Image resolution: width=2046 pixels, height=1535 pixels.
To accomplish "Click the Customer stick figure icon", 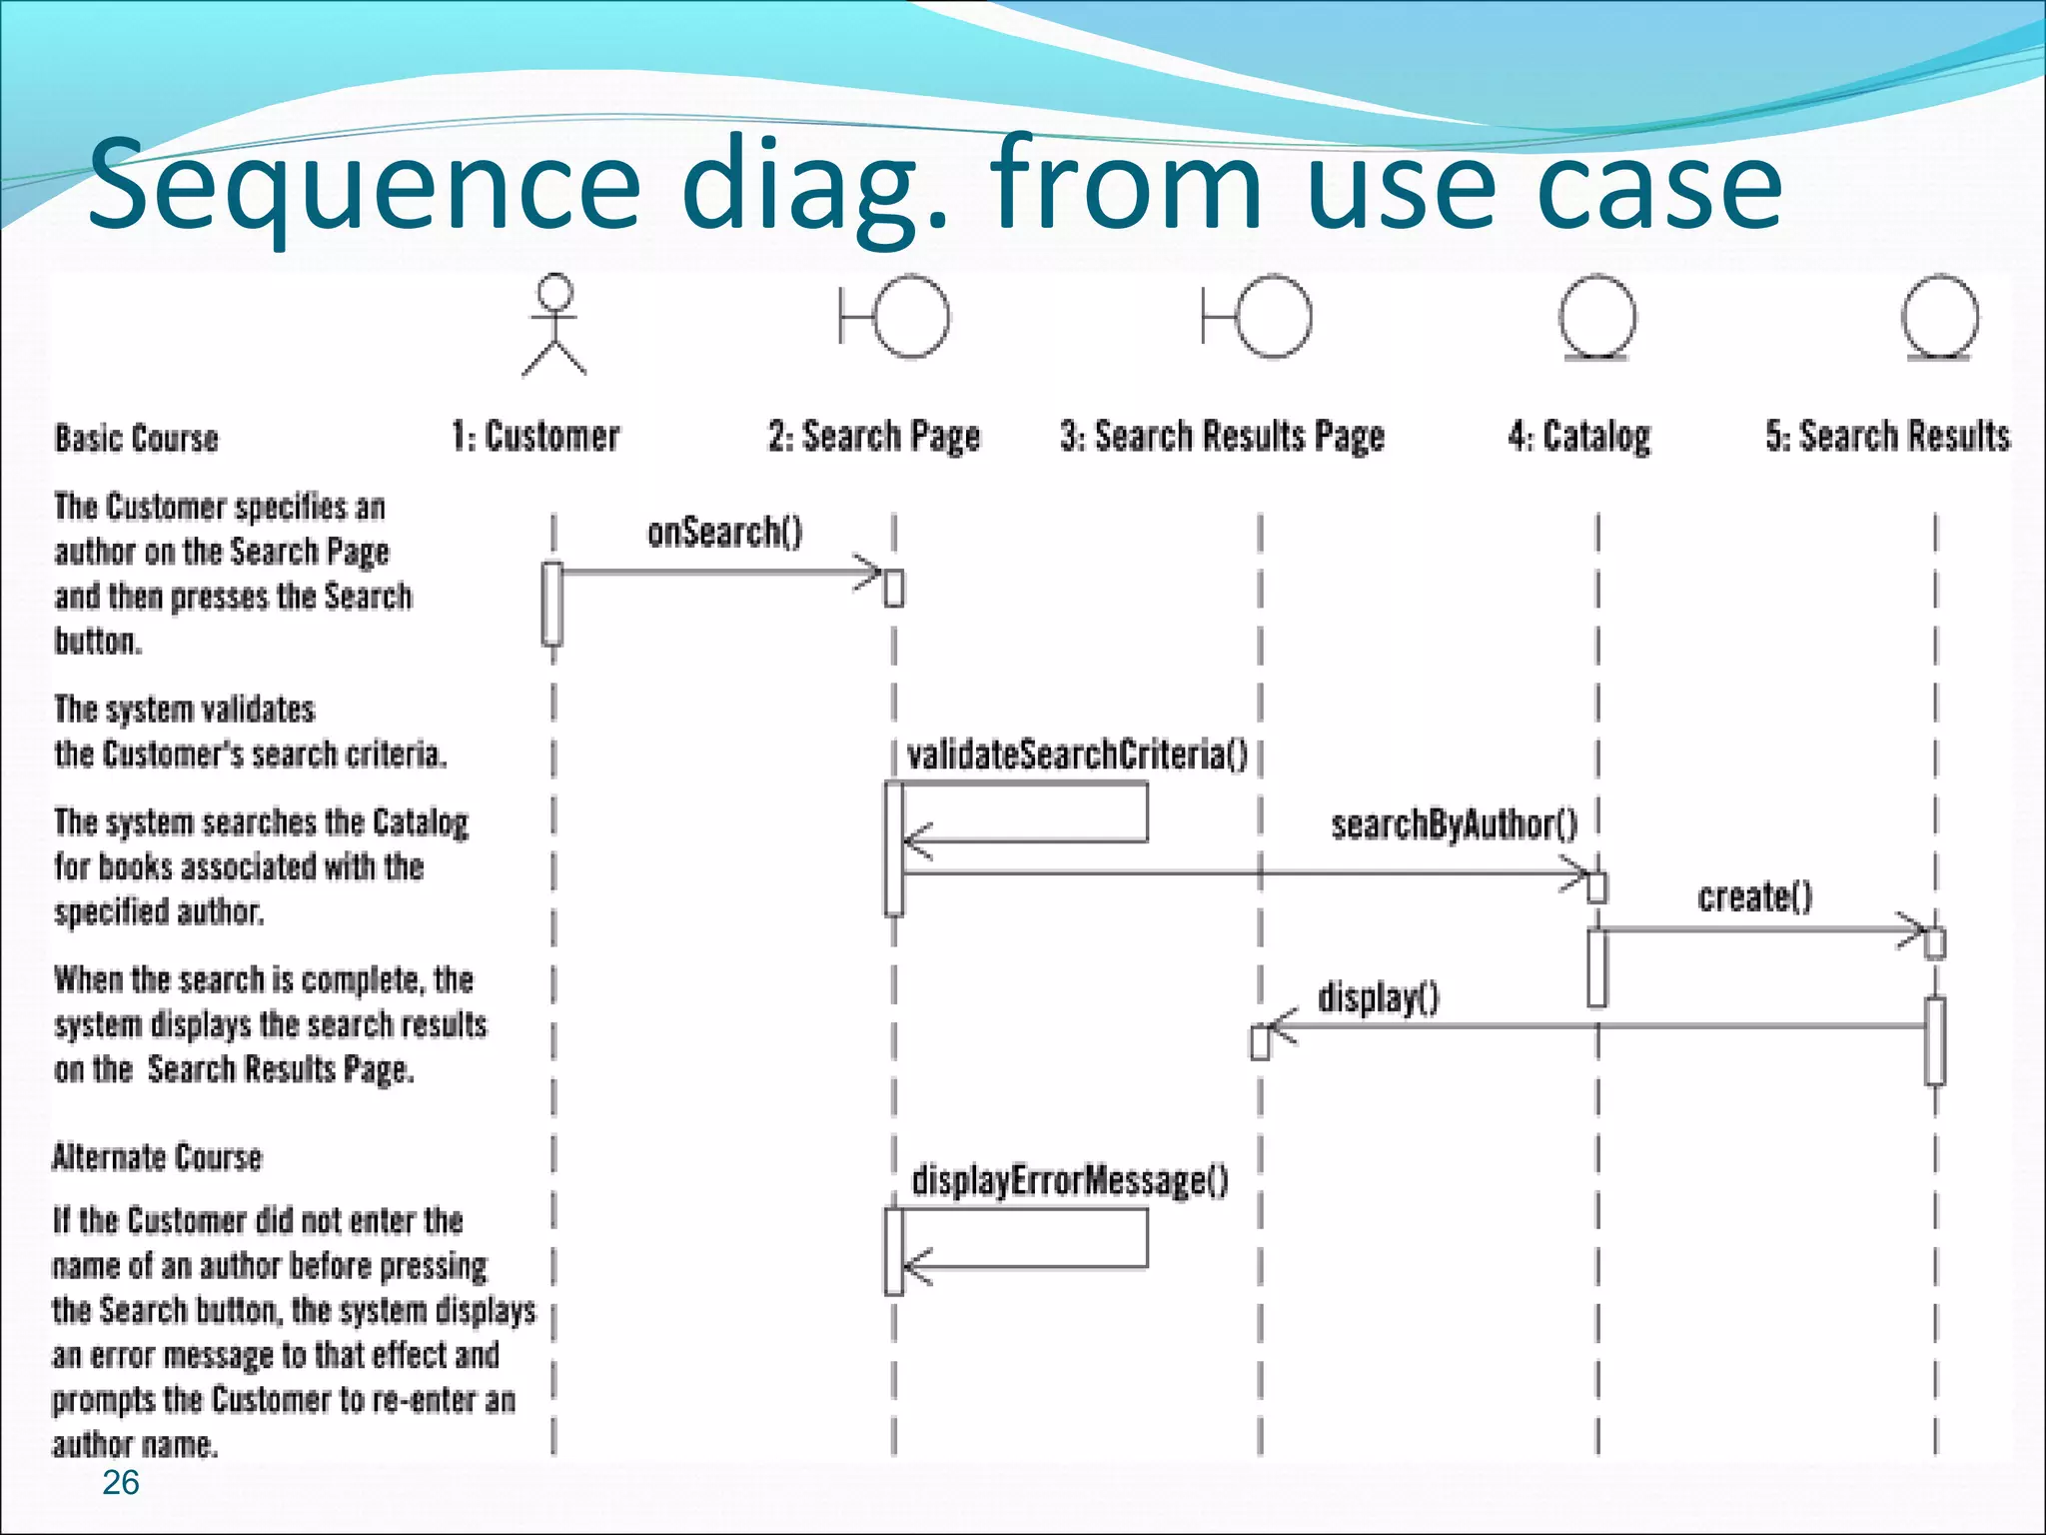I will [x=554, y=326].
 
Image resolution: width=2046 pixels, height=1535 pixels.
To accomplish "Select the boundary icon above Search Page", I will [x=895, y=317].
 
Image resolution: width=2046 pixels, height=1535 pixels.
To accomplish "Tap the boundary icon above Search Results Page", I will [x=1258, y=317].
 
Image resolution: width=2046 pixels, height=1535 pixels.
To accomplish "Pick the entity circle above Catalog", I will [x=1597, y=318].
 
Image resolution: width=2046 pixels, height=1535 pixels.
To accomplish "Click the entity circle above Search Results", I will [x=1939, y=318].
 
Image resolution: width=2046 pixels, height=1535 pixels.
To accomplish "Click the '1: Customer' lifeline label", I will [x=535, y=437].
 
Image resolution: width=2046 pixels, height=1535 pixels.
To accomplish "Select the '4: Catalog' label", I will [x=1579, y=437].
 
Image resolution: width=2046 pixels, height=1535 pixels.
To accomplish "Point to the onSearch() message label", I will [x=724, y=532].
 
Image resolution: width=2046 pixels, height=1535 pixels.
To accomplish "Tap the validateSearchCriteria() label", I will [x=1077, y=755].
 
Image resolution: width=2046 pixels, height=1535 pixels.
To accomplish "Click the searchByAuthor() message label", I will [x=1454, y=825].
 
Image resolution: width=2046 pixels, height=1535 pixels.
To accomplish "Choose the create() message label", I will [x=1754, y=897].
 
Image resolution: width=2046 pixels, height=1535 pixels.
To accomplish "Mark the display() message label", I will [x=1378, y=997].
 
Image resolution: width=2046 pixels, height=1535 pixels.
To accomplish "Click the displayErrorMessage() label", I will [x=1070, y=1181].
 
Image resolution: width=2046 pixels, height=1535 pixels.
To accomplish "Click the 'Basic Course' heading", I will [x=136, y=439].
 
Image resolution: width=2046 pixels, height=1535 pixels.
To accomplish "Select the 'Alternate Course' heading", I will [x=157, y=1157].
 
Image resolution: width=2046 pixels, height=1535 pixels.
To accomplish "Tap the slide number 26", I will [x=121, y=1483].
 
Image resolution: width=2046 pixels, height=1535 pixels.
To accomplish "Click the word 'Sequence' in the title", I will [x=364, y=186].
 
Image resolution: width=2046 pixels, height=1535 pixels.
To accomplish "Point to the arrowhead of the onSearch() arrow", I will [x=871, y=572].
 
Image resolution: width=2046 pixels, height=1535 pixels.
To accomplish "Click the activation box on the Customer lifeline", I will [x=552, y=604].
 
